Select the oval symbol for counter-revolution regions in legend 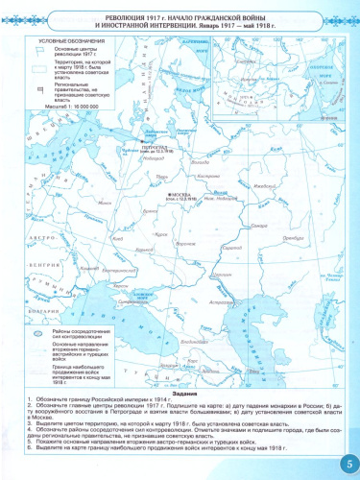click(37, 335)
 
